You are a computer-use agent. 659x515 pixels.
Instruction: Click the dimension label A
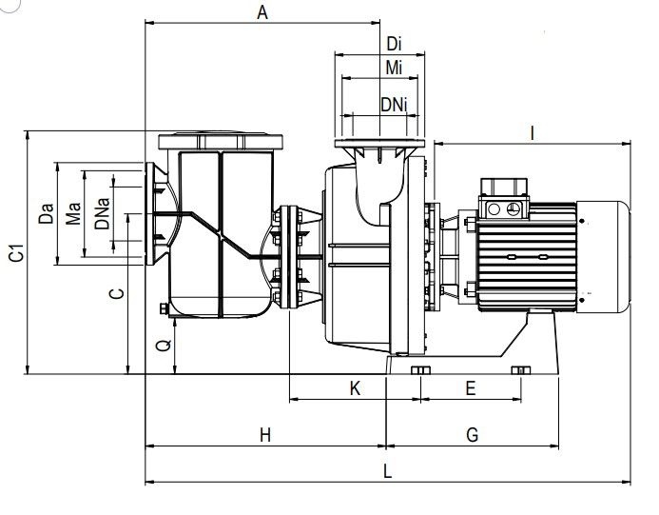click(x=262, y=12)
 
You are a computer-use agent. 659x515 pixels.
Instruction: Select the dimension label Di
click(x=394, y=44)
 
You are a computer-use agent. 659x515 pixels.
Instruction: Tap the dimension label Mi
click(x=394, y=68)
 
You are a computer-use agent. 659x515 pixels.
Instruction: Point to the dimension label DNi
click(x=394, y=105)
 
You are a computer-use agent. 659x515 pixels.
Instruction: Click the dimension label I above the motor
click(x=533, y=133)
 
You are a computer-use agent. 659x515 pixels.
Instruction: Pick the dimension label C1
click(x=17, y=252)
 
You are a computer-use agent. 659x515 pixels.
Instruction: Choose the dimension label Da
click(x=47, y=213)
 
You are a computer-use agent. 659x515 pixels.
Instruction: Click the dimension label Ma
click(x=73, y=214)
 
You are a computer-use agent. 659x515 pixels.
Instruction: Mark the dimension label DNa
click(x=102, y=214)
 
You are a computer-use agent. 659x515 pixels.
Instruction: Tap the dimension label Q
click(x=164, y=345)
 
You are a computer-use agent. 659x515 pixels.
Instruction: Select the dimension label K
click(x=355, y=388)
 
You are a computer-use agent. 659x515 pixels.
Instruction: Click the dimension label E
click(x=471, y=388)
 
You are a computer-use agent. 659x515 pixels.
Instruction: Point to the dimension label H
click(x=264, y=435)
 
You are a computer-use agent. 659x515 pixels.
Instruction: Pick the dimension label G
click(x=473, y=435)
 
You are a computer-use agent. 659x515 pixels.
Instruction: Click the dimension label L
click(x=387, y=471)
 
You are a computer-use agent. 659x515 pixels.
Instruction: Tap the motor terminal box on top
click(x=504, y=198)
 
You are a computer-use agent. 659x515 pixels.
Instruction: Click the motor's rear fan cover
click(x=603, y=257)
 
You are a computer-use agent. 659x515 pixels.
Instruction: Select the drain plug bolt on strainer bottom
click(x=164, y=308)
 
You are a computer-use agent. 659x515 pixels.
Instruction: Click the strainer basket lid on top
click(x=221, y=141)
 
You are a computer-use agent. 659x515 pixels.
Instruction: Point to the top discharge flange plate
click(x=379, y=144)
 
